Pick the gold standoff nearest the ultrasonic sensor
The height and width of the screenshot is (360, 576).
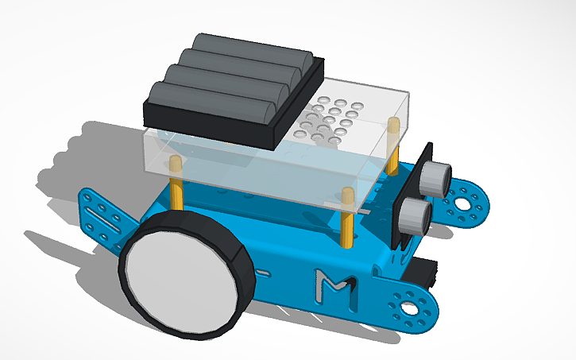[392, 147]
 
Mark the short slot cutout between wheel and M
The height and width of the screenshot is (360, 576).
[261, 275]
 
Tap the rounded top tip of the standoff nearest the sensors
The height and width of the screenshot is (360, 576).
[392, 123]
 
